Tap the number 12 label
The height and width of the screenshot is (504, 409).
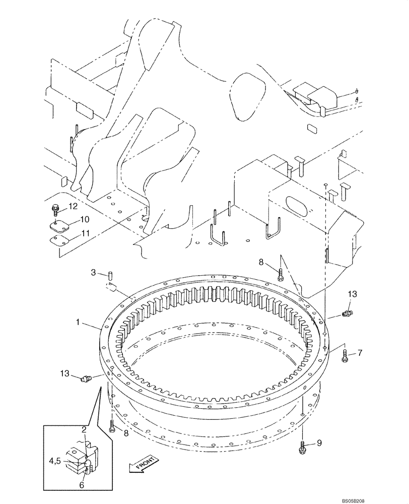(73, 206)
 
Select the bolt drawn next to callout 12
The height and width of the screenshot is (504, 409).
(55, 208)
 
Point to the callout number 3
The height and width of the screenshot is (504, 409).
(93, 273)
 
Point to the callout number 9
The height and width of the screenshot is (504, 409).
(318, 444)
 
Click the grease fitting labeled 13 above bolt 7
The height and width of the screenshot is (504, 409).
(347, 314)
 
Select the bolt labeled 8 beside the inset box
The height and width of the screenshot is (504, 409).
(112, 427)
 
